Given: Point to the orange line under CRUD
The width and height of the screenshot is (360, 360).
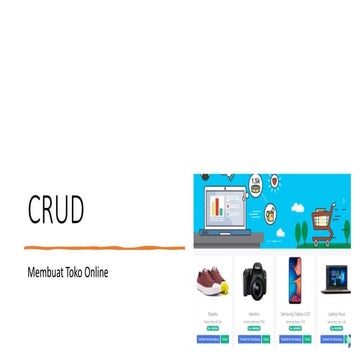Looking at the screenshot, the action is coord(105,246).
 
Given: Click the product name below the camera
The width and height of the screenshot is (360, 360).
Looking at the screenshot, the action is coord(254,313).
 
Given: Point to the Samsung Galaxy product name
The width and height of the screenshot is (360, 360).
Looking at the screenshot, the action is coord(294,313).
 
